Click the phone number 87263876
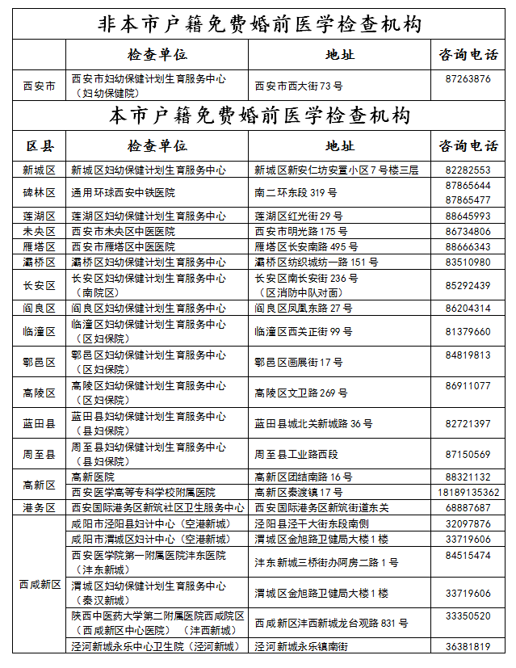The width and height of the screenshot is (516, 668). [x=468, y=79]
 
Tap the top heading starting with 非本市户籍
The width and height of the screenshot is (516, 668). [x=258, y=24]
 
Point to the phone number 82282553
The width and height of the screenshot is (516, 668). [x=468, y=170]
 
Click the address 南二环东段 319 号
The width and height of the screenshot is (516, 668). [x=296, y=193]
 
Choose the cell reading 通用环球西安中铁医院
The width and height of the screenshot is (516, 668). [x=124, y=193]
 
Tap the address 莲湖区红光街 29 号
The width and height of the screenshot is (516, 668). [x=299, y=216]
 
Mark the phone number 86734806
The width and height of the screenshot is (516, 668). [x=468, y=231]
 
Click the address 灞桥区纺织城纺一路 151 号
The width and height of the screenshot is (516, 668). [x=317, y=263]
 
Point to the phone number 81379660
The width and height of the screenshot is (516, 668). [x=468, y=332]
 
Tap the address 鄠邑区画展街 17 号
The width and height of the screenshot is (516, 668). [x=299, y=363]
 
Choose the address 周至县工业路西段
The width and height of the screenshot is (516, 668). [x=297, y=455]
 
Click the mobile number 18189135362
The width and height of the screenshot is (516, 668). [x=468, y=492]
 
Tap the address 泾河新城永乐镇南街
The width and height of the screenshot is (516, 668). [x=301, y=646]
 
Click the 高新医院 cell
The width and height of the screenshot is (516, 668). [x=94, y=477]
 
